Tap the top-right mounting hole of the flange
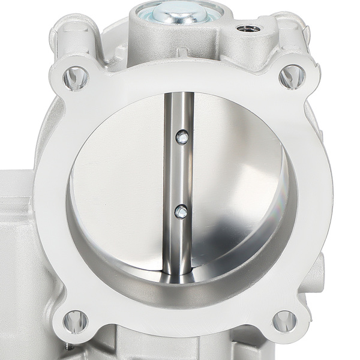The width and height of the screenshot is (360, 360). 292,76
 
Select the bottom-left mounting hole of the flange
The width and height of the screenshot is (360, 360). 75,321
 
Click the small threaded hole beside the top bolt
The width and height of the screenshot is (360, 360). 248,28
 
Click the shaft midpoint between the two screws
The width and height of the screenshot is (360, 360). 180,174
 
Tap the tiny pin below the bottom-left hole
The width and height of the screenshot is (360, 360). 71,346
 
